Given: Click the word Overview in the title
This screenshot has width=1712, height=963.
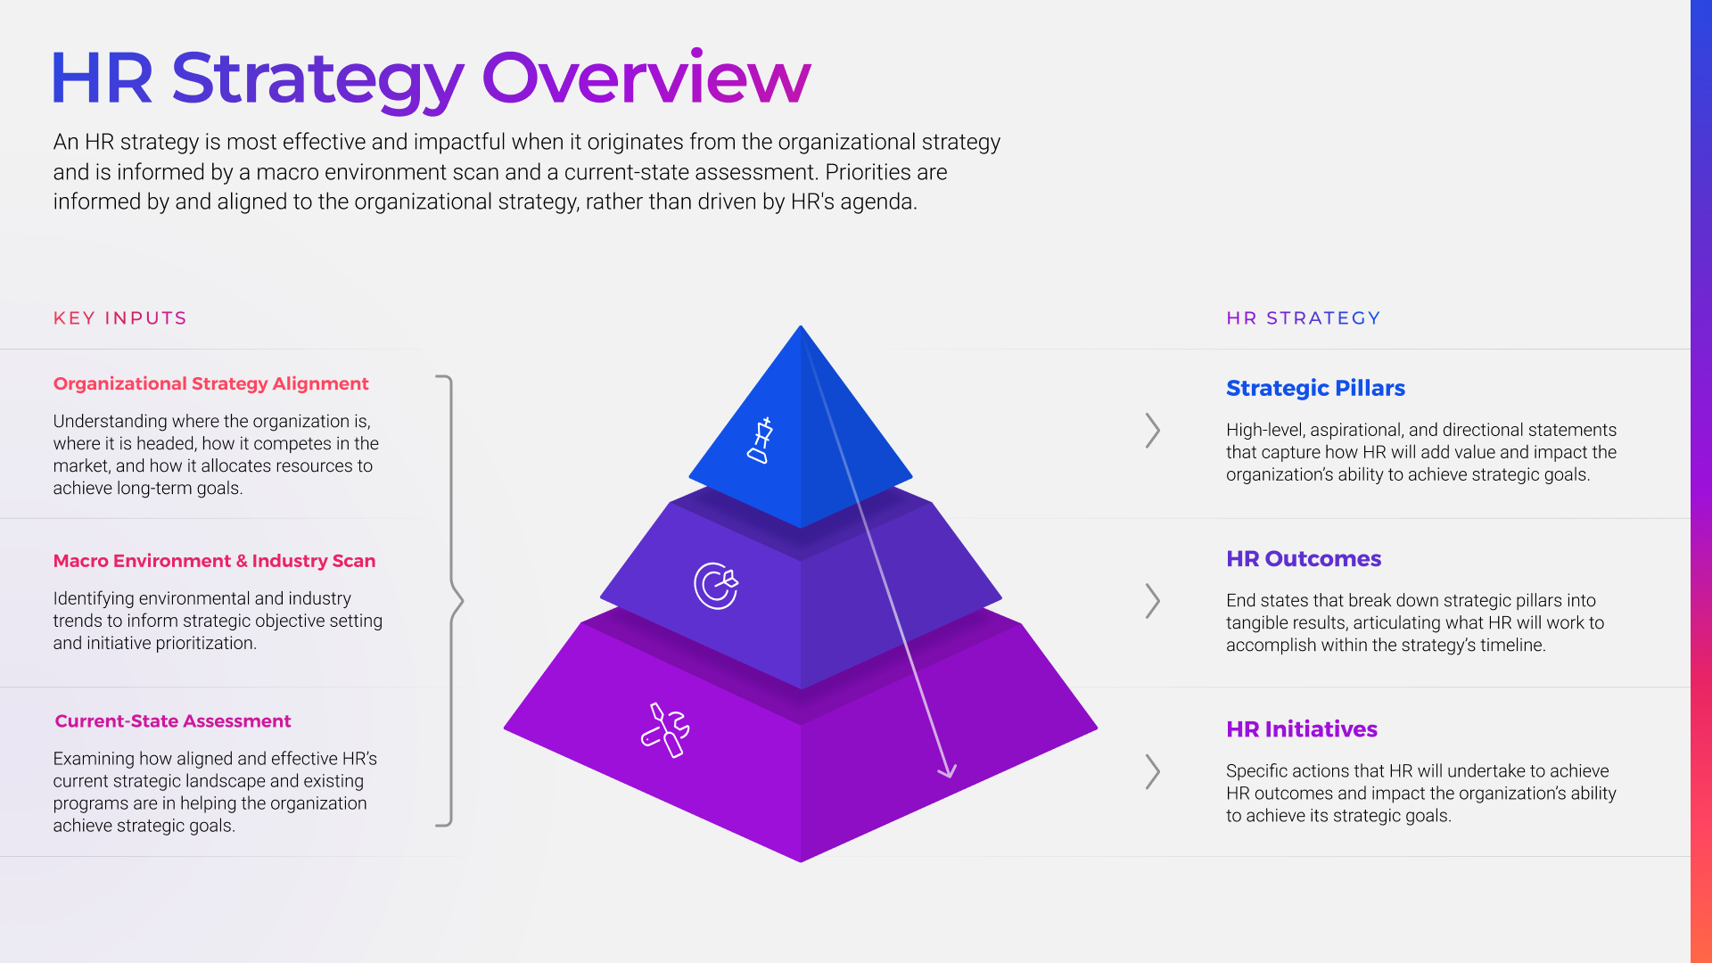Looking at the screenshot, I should pos(646,78).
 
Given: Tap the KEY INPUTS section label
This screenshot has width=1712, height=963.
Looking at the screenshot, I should pos(119,318).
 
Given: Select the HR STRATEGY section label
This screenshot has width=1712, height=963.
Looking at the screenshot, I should pos(1303,318).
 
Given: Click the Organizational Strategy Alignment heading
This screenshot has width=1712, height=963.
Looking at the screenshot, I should pos(210,383).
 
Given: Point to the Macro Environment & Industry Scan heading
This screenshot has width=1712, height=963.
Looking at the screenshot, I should pos(214,561).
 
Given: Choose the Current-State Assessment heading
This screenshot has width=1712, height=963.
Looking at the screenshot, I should pos(173,720).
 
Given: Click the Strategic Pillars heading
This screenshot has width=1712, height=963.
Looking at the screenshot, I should pos(1315,388).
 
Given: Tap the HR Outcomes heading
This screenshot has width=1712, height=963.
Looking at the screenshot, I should pos(1303,558).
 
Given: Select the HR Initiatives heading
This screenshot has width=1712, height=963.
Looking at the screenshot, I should pos(1301,728).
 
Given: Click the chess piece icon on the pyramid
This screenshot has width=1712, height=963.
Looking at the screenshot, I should pos(760,440).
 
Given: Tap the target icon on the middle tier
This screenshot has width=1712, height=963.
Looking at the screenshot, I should pos(716,585).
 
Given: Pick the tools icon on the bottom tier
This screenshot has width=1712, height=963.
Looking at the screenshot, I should pos(665,730).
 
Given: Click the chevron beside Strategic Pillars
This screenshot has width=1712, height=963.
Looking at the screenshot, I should pos(1152,431).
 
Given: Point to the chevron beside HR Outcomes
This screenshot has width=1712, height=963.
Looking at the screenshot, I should pos(1152,601).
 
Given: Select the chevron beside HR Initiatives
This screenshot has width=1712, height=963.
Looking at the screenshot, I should pos(1152,771).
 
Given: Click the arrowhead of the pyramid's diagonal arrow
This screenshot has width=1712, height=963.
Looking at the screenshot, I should pos(947,771).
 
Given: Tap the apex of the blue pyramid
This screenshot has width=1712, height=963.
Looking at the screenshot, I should pos(801,328).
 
